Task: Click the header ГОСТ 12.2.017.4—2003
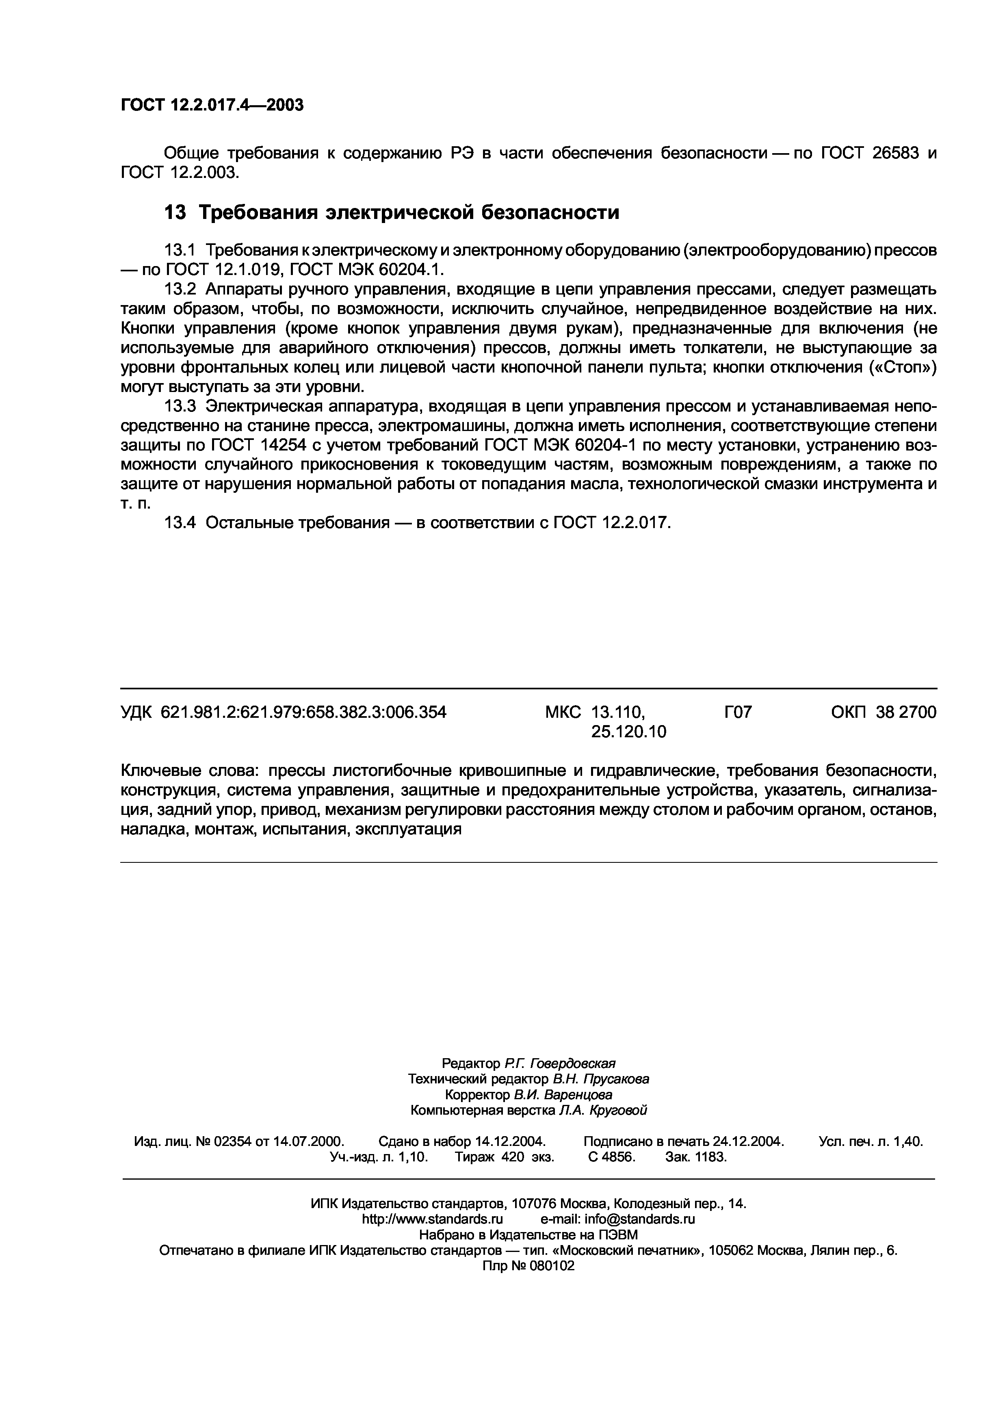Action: (212, 105)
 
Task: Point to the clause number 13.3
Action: (179, 407)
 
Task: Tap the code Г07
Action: (738, 712)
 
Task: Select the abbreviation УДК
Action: (136, 712)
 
